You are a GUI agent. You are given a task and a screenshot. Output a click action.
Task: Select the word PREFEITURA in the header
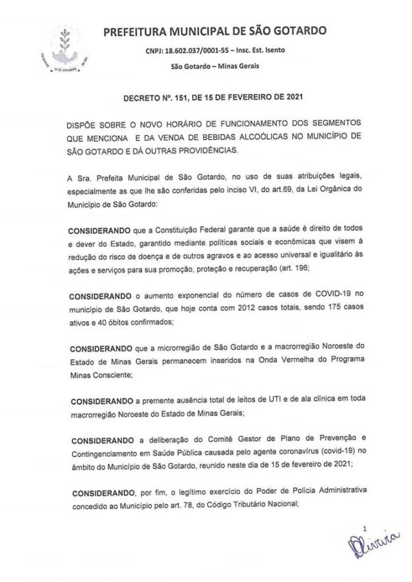(x=136, y=31)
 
